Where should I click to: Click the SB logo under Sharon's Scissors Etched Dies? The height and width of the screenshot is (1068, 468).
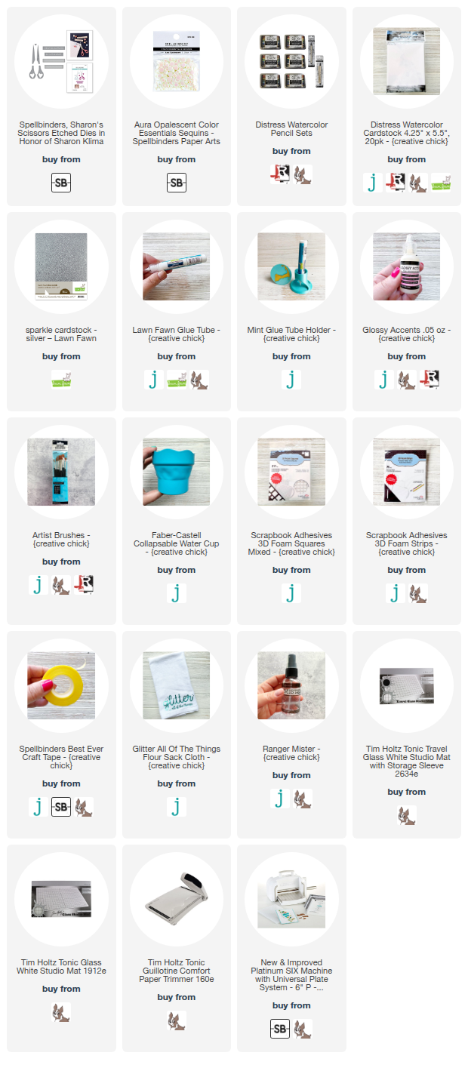point(61,183)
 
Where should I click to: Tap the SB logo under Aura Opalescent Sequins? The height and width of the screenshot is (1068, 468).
point(176,183)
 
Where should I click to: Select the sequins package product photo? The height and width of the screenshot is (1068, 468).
point(176,61)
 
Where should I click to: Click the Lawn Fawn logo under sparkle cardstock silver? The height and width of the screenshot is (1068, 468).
point(61,380)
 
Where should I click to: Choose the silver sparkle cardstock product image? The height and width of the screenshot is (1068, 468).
point(61,266)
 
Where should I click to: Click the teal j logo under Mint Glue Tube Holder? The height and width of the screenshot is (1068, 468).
point(291,380)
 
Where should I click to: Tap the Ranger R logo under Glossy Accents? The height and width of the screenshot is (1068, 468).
point(430,379)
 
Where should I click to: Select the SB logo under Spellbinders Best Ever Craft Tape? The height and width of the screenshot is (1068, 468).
point(61,807)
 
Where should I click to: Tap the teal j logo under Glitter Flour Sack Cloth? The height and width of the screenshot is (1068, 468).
point(176,807)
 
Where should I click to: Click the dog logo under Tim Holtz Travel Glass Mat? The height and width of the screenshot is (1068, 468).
point(406,815)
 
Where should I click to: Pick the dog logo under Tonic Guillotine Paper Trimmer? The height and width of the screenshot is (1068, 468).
point(176,1020)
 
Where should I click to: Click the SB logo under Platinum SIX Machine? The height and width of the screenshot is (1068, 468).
point(280,1030)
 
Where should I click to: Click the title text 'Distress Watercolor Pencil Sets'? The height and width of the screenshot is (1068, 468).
point(291,129)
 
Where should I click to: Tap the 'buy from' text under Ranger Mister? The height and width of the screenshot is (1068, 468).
point(291,775)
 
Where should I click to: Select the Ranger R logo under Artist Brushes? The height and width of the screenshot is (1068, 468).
point(84,584)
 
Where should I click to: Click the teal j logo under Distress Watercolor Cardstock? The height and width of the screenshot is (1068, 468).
point(372,183)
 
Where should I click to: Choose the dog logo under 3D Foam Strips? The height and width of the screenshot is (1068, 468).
point(418,593)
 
